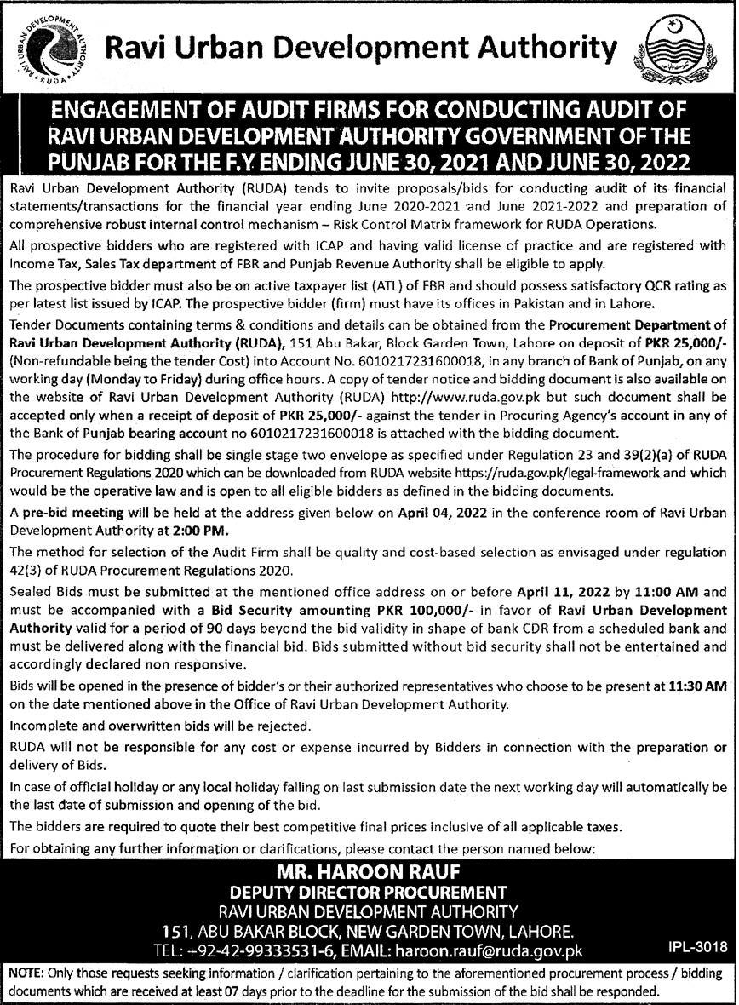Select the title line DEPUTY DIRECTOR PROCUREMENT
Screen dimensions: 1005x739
coord(369,893)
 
